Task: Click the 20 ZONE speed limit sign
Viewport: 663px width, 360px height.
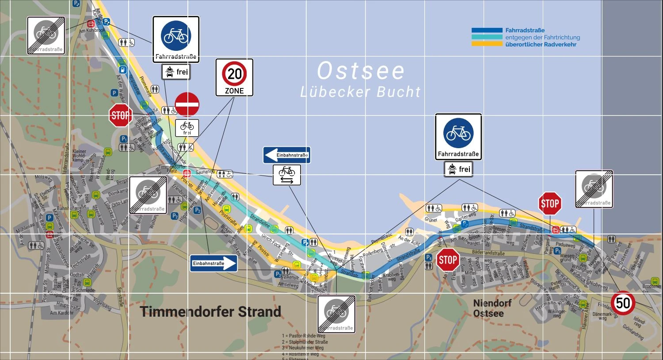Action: (234, 77)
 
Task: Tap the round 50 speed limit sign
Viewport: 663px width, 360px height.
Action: (623, 303)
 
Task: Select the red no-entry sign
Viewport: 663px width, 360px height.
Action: (187, 104)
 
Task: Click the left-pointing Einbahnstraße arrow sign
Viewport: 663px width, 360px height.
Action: (286, 155)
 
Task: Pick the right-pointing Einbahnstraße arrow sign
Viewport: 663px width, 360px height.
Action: (213, 263)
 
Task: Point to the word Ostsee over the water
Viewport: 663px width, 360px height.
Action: (361, 71)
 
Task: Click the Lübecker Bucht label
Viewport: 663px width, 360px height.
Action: (361, 92)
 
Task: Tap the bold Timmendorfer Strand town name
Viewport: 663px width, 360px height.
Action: (210, 311)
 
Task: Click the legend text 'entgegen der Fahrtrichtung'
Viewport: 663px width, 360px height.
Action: (542, 38)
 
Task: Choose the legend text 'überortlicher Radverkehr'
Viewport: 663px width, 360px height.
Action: (541, 44)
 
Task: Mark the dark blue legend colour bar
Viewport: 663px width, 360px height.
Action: (487, 31)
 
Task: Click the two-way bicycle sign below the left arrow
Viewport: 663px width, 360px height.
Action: (287, 175)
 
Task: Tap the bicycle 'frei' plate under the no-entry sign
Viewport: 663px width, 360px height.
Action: (187, 128)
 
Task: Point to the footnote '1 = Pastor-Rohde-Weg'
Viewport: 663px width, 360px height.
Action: (303, 336)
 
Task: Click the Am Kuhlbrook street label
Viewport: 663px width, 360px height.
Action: (92, 31)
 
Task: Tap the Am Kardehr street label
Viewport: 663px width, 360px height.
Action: (62, 313)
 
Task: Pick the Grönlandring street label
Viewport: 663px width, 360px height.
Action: (633, 333)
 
